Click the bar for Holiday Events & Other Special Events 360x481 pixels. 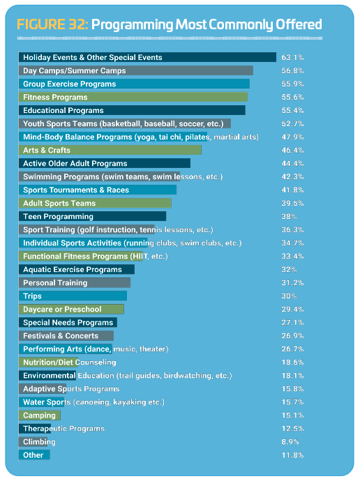(x=147, y=57)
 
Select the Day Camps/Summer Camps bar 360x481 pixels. (x=136, y=70)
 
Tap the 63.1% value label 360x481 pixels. (x=292, y=57)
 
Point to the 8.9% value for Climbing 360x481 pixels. (x=290, y=442)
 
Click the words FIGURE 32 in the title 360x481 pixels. (x=52, y=24)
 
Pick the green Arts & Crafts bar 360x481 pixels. (x=110, y=150)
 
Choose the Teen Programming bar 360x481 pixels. (x=92, y=216)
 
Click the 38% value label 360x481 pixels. (x=289, y=216)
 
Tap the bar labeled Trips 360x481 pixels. (x=73, y=296)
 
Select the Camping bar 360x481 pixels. (x=40, y=415)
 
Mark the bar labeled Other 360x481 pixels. (x=34, y=455)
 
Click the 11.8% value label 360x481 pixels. (x=292, y=455)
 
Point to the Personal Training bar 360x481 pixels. (x=75, y=282)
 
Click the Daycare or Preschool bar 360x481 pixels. (x=71, y=309)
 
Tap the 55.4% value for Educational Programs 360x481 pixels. (x=292, y=110)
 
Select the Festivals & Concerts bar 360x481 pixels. (x=66, y=335)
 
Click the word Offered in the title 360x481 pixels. (x=299, y=24)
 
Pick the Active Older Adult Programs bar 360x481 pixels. (x=105, y=163)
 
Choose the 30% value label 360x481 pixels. (x=289, y=296)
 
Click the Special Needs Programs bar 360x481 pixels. (x=68, y=322)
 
